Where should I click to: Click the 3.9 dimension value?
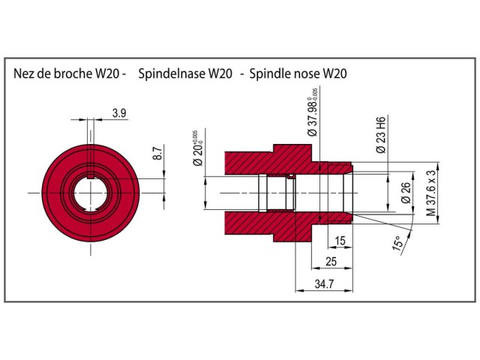pos(118,113)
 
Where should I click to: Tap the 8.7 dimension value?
pos(157,154)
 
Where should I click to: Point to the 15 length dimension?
pos(340,241)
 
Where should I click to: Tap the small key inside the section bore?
pos(290,178)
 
